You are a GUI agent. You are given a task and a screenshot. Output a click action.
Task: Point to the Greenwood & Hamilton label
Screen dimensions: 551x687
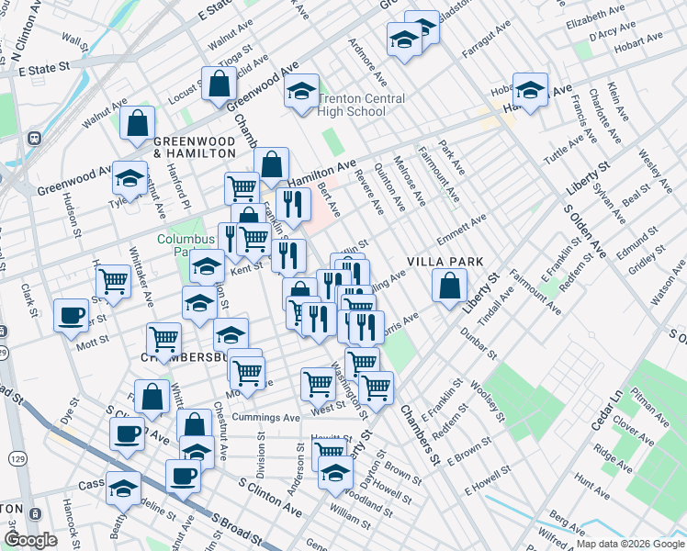coord(195,147)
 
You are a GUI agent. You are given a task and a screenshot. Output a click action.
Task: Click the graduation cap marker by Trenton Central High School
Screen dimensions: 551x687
coord(301,92)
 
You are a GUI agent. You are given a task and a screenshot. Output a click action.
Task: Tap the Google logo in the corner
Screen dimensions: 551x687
coord(30,539)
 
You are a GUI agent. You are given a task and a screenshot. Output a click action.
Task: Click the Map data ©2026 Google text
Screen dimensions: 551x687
coord(629,544)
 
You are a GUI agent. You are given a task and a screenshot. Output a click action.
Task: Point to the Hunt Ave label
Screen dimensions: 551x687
coord(585,478)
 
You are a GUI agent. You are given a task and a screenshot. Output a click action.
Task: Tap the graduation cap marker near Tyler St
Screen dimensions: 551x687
coord(130,177)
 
